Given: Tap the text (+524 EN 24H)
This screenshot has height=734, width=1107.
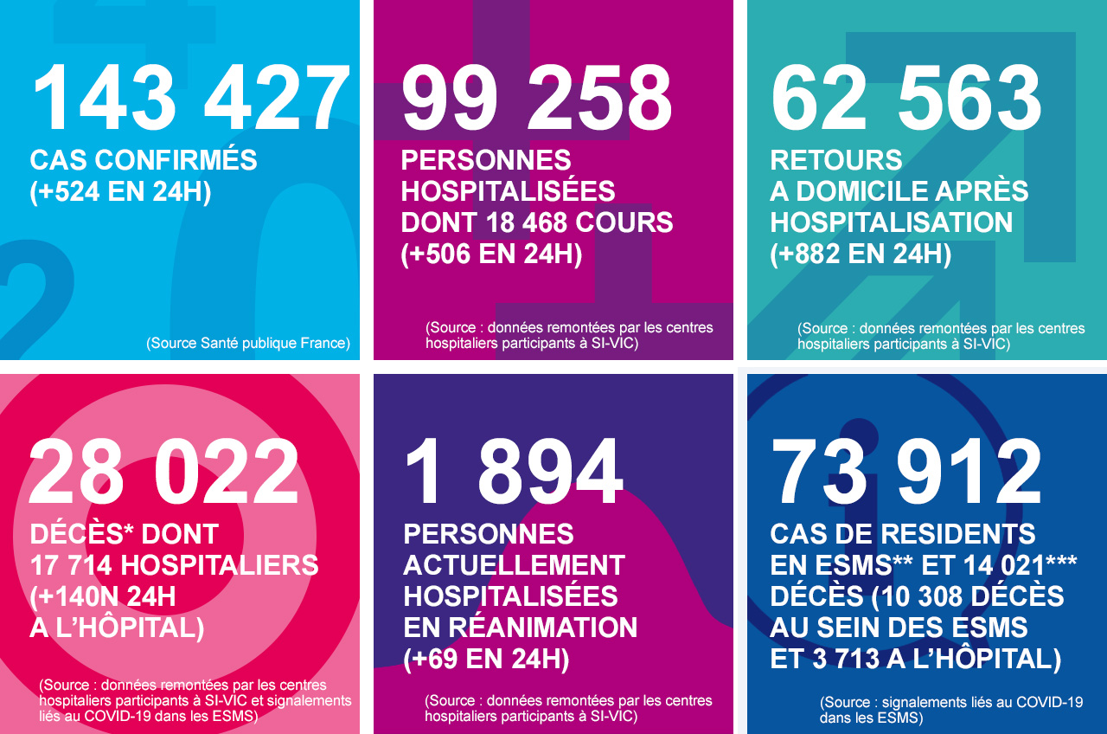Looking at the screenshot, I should click(120, 191).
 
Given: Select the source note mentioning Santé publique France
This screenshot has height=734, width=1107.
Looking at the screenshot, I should click(248, 344).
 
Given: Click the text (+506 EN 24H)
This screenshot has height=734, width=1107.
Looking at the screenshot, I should click(491, 254).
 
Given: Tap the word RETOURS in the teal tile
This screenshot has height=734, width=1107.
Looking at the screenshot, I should click(836, 160).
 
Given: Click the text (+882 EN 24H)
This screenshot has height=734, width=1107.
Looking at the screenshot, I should click(861, 254).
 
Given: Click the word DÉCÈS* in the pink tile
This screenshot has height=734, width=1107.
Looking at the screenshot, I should click(83, 534).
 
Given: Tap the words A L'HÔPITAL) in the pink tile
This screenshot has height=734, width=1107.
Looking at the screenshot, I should click(117, 628).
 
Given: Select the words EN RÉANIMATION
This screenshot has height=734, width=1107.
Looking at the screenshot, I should click(521, 628).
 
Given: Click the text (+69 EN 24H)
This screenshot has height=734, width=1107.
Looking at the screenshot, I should click(486, 659).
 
